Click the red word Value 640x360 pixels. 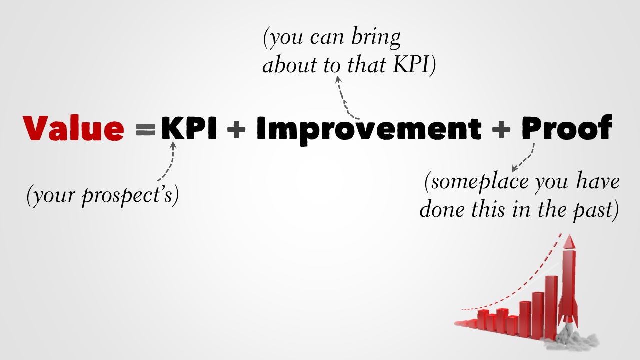tap(73, 128)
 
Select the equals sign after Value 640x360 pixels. tap(145, 129)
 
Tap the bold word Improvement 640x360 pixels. tap(369, 130)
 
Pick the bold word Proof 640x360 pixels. tap(567, 127)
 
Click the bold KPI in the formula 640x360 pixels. tap(189, 128)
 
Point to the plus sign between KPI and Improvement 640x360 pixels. tap(236, 129)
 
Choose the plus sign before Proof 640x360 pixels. tap(501, 129)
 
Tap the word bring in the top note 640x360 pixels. tap(376, 38)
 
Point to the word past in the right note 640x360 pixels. tap(591, 211)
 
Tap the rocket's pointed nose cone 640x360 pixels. tap(569, 241)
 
